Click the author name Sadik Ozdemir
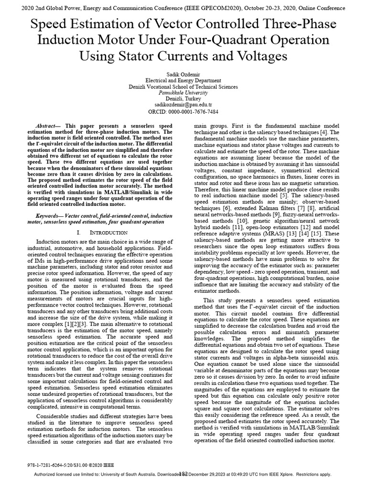coord(183,75)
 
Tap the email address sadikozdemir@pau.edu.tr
coord(183,104)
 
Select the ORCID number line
coord(183,111)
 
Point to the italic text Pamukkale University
coord(183,93)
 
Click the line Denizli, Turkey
coord(183,98)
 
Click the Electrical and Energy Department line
coord(183,81)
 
